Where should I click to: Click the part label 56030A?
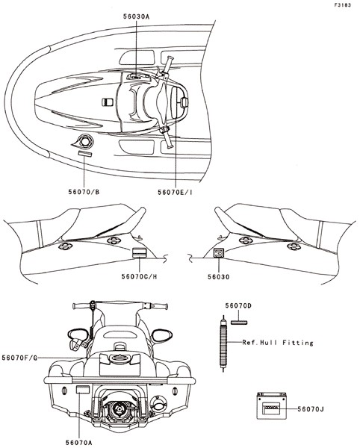pos(136,16)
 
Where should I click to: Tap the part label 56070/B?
pos(84,192)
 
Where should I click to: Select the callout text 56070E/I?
pos(175,193)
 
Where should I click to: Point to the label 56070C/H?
pos(139,276)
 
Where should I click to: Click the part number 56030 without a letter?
pos(218,277)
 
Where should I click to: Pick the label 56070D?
pos(238,305)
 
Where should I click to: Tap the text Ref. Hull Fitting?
pos(278,342)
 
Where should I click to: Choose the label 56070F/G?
pos(19,358)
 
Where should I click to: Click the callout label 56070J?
pos(311,409)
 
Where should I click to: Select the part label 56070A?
pos(79,443)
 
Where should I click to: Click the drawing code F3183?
pos(343,5)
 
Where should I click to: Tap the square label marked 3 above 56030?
pos(219,253)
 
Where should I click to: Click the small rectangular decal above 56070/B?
pos(85,154)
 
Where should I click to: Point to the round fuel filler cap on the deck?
pos(85,141)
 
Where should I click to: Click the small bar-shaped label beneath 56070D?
pos(239,323)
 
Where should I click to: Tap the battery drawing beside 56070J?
pos(271,405)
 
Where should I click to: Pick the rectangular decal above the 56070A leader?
pos(83,390)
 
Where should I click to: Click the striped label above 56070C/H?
pos(139,252)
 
